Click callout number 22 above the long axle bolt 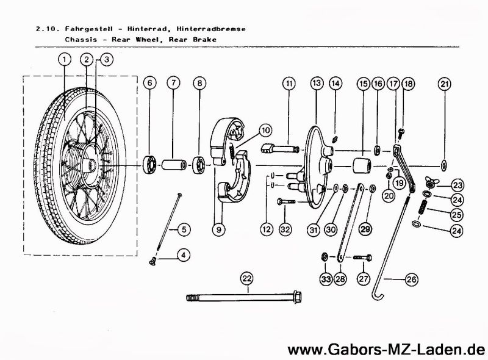[246, 279]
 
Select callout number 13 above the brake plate [316, 82]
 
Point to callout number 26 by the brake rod [411, 280]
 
